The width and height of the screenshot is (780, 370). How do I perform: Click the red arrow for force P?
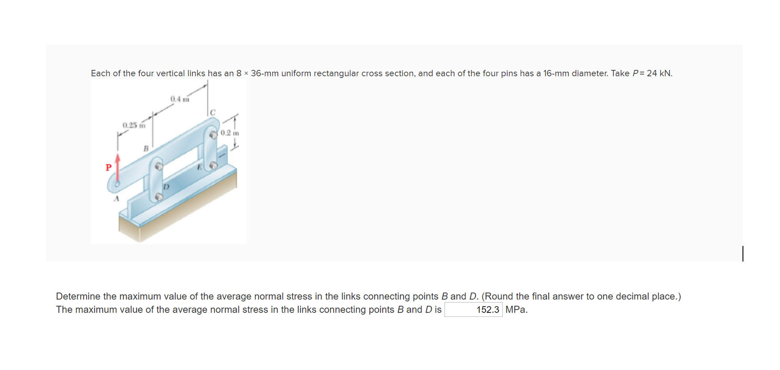pos(118,167)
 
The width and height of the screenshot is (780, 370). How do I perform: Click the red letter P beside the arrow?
pos(108,167)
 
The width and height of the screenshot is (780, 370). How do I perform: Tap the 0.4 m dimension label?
pos(179,99)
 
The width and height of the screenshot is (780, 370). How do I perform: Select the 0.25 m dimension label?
pos(134,125)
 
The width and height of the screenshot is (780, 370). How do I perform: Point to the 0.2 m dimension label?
pos(230,133)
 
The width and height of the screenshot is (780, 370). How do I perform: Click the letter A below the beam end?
pos(117,199)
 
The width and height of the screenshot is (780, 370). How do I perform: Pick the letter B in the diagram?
pos(146,148)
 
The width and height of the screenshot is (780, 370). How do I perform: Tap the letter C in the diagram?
pos(213,112)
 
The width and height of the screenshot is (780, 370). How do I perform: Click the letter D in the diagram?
pos(166,186)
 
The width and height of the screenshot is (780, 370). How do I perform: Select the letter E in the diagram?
pos(200,167)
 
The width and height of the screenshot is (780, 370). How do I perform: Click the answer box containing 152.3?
pos(473,310)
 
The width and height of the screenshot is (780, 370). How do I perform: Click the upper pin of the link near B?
pos(159,166)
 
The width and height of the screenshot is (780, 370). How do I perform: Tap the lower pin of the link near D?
pos(159,196)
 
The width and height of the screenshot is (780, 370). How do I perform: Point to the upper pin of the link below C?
pos(213,134)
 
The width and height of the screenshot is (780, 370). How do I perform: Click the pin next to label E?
pos(213,166)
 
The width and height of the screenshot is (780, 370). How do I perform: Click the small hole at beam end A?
pos(117,183)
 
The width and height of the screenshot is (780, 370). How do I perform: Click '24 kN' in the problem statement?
pos(659,73)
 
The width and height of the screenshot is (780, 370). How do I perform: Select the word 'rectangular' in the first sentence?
pos(336,73)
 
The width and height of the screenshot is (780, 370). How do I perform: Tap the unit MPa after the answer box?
pos(516,310)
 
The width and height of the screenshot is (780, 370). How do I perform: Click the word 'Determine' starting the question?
pos(78,296)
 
